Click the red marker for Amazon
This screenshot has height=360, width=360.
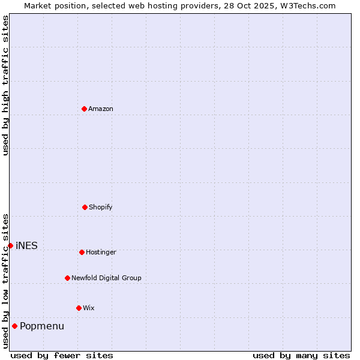coord(84,109)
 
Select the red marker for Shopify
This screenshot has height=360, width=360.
coord(85,207)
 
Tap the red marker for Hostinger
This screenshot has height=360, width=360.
coord(82,252)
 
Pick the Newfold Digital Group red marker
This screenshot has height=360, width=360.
coord(67,278)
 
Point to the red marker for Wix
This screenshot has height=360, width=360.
coord(79,308)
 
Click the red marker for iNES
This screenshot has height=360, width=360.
coord(10,245)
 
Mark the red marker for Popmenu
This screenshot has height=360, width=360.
coord(14,326)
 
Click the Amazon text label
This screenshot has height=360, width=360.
coord(101,109)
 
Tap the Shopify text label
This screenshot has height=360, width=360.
coord(101,208)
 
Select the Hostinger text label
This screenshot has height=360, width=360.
coord(101,253)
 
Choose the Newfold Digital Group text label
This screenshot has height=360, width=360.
coord(106,278)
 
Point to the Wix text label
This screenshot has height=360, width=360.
coord(89,308)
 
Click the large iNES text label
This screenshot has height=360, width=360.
coord(26,246)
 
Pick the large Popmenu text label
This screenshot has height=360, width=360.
coord(42,326)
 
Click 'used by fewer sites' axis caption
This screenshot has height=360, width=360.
coord(62,355)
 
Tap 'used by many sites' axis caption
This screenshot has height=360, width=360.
coord(301,355)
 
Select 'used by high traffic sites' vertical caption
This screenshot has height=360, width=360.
coord(5,85)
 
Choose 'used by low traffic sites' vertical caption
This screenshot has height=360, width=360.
coord(5,280)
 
